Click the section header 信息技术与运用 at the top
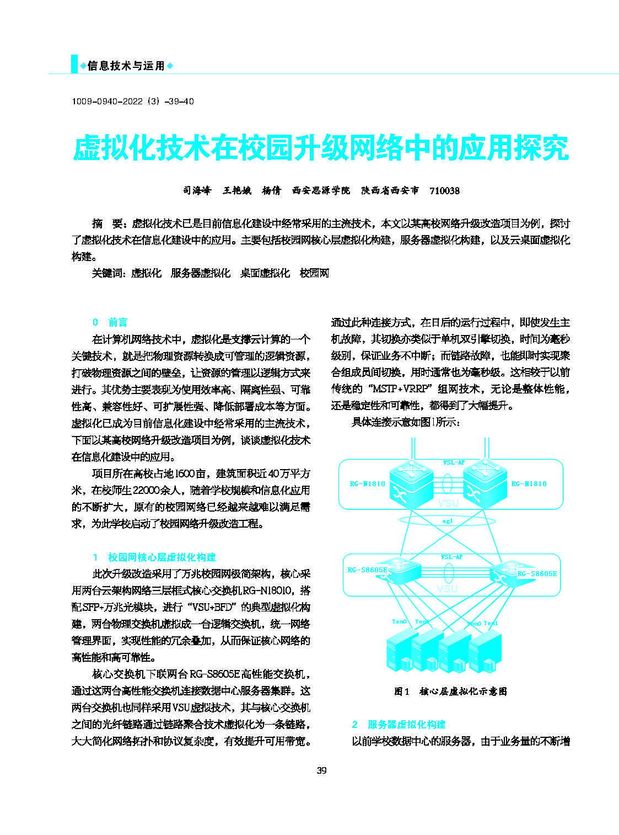click(126, 66)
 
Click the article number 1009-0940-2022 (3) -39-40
click(133, 102)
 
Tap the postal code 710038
click(444, 191)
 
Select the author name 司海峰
click(197, 191)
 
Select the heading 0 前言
click(110, 322)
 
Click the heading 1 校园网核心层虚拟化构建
click(154, 557)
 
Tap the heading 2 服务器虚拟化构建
click(399, 725)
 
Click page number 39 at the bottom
click(322, 770)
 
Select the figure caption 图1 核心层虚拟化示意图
click(450, 692)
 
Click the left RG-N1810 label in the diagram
click(367, 484)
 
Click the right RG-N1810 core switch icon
click(484, 482)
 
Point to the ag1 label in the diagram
click(448, 521)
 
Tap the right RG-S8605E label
click(536, 574)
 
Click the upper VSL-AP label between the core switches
click(453, 462)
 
